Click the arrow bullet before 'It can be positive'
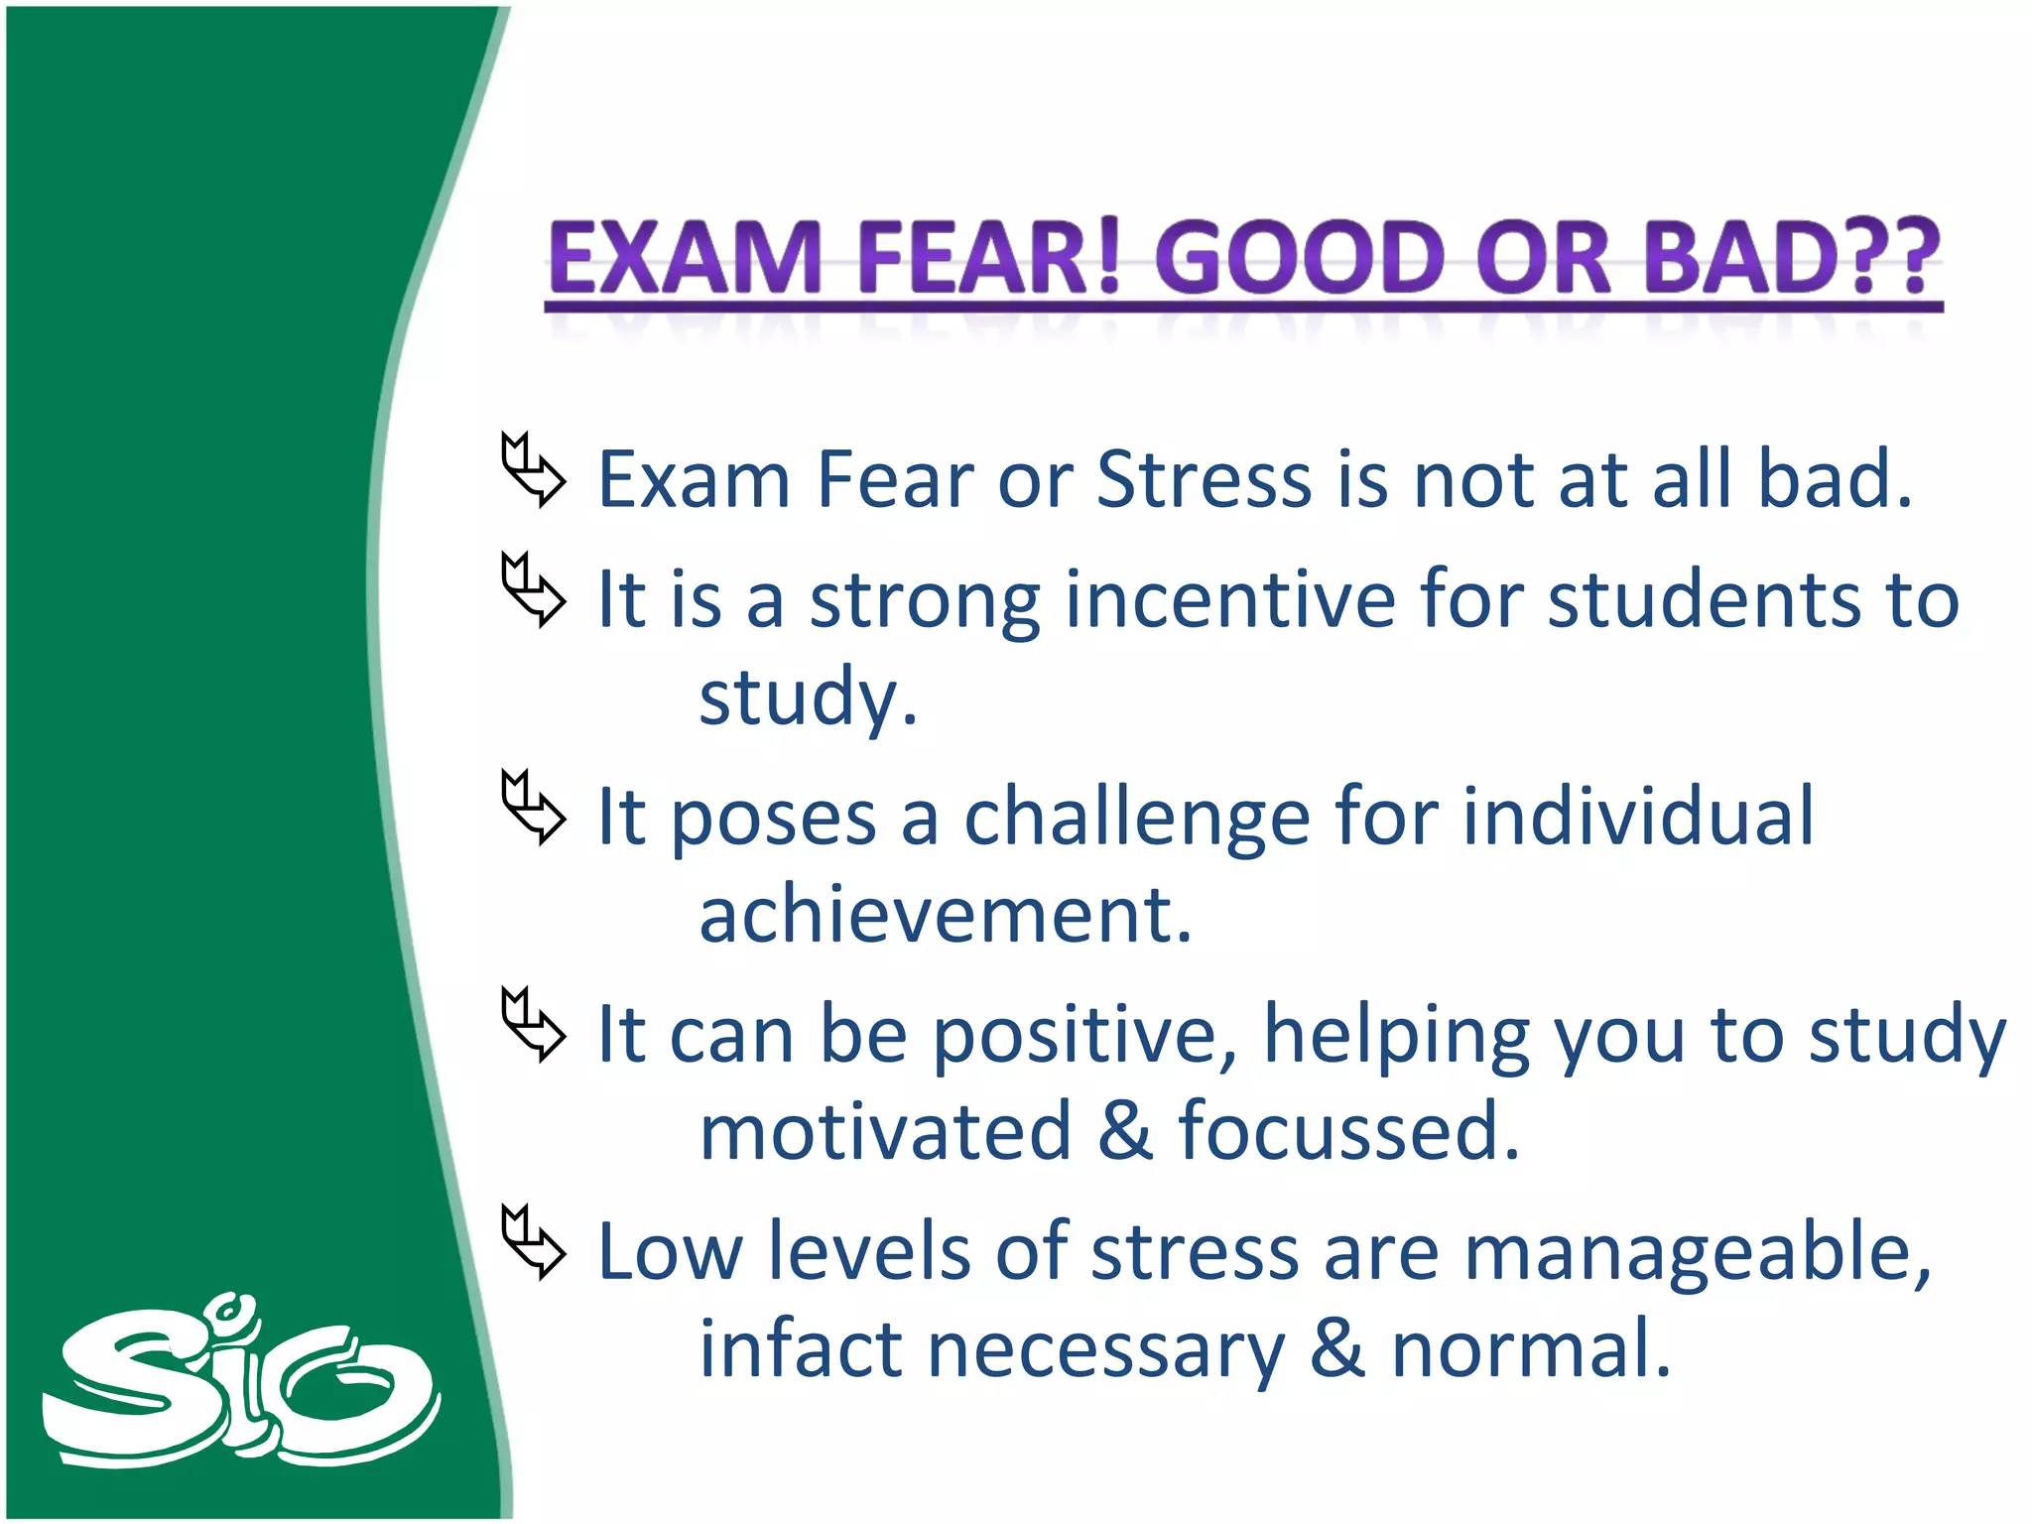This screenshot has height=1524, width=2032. pyautogui.click(x=533, y=1024)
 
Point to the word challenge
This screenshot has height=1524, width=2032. pyautogui.click(x=1137, y=820)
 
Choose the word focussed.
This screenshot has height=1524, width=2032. pyautogui.click(x=1348, y=1132)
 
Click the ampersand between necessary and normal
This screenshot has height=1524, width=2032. pyautogui.click(x=1336, y=1349)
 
